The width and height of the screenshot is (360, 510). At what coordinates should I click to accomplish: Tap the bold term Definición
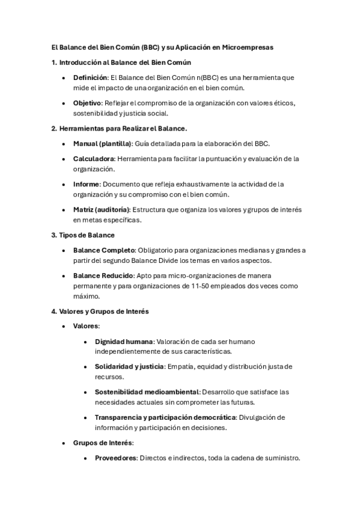pyautogui.click(x=90, y=78)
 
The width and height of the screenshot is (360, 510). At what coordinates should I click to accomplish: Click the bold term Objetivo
pyautogui.click(x=87, y=103)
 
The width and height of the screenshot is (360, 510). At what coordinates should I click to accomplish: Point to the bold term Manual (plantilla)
pyautogui.click(x=102, y=143)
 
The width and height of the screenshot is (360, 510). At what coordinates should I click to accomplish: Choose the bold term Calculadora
pyautogui.click(x=94, y=159)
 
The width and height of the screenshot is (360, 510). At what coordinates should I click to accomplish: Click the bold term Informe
pyautogui.click(x=86, y=184)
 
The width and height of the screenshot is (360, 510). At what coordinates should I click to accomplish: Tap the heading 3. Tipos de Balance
pyautogui.click(x=83, y=235)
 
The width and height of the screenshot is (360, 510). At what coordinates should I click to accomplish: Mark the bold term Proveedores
pyautogui.click(x=116, y=458)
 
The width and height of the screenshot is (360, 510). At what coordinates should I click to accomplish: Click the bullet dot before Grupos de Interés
pyautogui.click(x=64, y=443)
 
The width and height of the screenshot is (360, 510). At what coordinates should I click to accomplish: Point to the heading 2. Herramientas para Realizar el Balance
pyautogui.click(x=119, y=128)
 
